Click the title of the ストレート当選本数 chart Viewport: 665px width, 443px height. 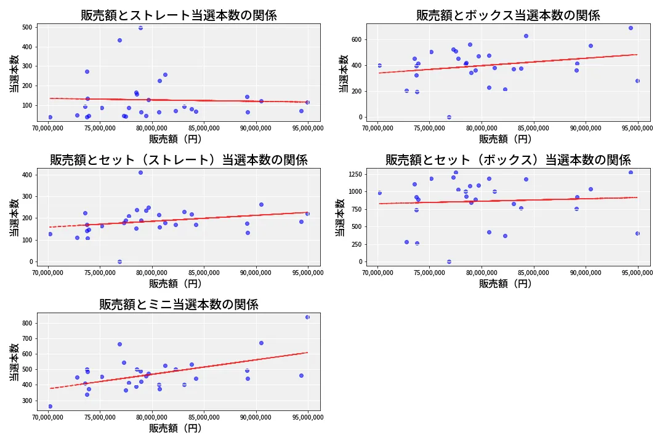[179, 15]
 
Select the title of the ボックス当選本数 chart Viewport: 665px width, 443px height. [508, 15]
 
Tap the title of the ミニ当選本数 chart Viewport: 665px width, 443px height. [179, 305]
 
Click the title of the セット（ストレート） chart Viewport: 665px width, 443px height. [179, 160]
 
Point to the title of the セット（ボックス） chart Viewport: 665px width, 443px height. [508, 160]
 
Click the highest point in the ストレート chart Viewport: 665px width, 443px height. [140, 28]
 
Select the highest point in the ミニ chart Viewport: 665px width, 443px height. [307, 317]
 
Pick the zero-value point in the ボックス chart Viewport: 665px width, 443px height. [449, 117]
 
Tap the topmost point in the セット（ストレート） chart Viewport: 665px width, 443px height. [140, 172]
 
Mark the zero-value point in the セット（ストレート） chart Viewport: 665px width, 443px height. [119, 261]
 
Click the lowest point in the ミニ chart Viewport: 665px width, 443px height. [50, 406]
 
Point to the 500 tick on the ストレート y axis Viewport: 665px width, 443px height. [27, 28]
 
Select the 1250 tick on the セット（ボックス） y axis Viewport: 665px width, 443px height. [356, 174]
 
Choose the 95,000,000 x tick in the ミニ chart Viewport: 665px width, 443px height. [307, 417]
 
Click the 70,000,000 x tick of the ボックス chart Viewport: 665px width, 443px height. [377, 128]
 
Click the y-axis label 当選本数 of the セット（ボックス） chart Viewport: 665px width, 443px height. [340, 218]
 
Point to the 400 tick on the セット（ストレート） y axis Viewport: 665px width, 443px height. [27, 175]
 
